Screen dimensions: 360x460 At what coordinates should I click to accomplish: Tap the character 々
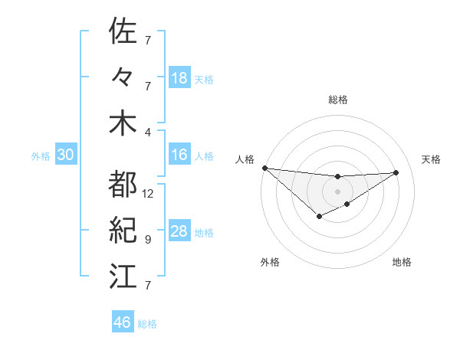[123, 78]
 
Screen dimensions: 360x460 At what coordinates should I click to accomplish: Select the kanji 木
[123, 124]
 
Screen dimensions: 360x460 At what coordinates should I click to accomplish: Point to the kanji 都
[123, 185]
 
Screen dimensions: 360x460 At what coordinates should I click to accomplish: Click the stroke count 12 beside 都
[148, 194]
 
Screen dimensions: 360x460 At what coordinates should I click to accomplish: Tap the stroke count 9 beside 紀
[148, 240]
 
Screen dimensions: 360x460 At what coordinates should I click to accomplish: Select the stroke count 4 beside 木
[148, 133]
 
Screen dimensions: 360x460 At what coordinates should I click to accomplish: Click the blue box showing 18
[179, 78]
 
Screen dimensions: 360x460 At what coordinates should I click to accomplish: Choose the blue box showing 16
[179, 155]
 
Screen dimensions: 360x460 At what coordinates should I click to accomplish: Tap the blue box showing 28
[179, 231]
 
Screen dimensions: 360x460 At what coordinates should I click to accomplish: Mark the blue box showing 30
[66, 155]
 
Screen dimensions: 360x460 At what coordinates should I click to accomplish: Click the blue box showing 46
[123, 322]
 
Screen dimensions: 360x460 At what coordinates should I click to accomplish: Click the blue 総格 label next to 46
[148, 324]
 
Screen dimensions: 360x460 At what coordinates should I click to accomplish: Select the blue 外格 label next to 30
[41, 156]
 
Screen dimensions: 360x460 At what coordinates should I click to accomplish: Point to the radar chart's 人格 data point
[264, 167]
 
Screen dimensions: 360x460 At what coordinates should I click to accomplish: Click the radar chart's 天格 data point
[396, 172]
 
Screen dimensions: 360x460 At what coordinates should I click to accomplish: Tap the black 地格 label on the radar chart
[402, 262]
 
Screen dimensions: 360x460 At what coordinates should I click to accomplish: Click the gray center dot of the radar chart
[337, 191]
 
